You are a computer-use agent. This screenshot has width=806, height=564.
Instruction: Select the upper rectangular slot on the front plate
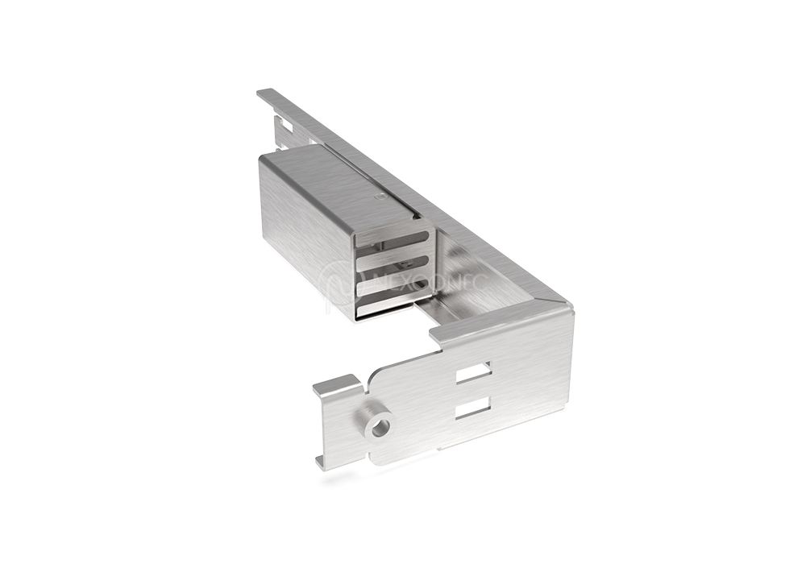click(x=473, y=373)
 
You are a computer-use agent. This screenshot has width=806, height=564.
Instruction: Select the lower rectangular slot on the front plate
click(x=472, y=410)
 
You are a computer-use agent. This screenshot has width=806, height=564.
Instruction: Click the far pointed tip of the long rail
click(x=261, y=93)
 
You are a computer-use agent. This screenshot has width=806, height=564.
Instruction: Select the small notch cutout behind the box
click(x=283, y=127)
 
